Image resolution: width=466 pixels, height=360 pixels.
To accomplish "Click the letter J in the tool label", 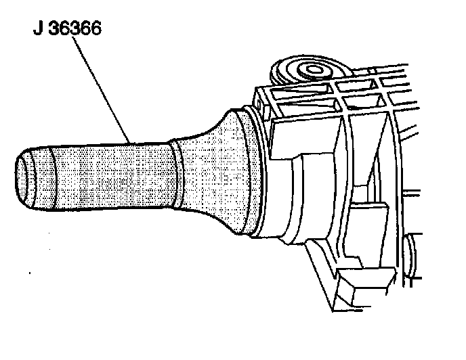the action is coord(39,30).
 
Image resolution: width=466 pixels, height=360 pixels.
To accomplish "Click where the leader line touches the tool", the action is coord(131,141).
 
